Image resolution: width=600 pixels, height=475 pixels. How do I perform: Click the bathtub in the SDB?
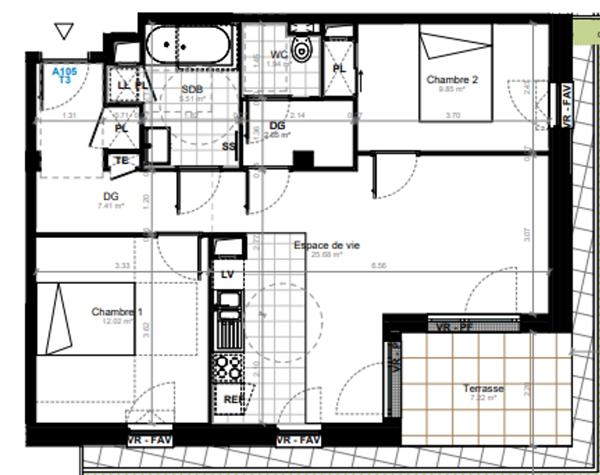pos(188,46)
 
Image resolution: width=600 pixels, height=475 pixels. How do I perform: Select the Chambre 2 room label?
pos(451,79)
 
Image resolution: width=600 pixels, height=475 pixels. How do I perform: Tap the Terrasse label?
pos(483,388)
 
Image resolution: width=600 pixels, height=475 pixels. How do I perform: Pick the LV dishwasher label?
pos(227,274)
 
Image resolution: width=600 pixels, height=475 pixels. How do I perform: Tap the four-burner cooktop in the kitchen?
pos(229,365)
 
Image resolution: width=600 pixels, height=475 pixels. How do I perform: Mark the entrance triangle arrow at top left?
pos(65,32)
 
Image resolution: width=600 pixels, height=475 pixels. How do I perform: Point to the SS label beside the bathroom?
pos(228,146)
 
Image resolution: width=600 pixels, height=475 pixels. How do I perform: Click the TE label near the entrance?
pos(124,160)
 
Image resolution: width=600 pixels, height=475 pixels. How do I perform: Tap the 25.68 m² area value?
pos(327,255)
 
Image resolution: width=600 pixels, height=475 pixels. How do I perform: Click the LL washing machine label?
pos(123,87)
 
